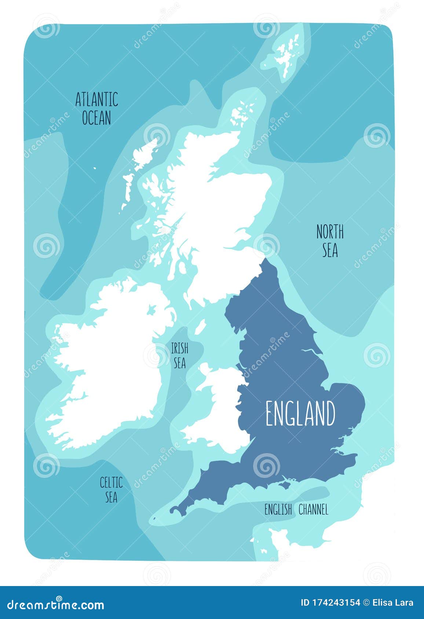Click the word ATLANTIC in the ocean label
tap(96, 99)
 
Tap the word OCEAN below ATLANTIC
tap(96, 118)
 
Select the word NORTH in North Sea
tap(330, 232)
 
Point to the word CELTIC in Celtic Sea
tap(111, 482)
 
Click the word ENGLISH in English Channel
tap(278, 509)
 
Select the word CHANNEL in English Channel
tap(313, 509)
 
